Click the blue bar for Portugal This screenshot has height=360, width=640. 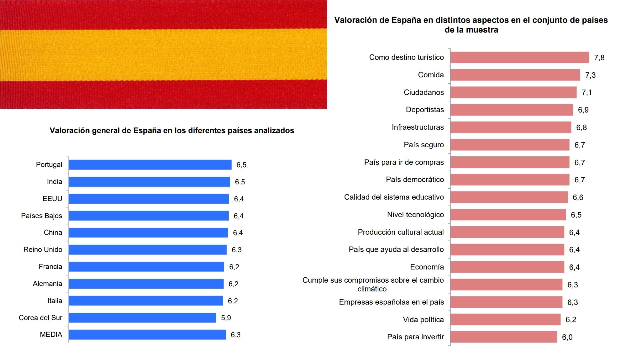click(x=150, y=165)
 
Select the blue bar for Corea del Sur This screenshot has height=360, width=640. click(x=142, y=318)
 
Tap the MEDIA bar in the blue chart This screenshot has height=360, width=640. click(x=147, y=335)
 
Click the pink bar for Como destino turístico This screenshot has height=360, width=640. click(x=520, y=57)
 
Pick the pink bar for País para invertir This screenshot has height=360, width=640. click(x=504, y=337)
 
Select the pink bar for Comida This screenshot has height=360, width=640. click(x=515, y=75)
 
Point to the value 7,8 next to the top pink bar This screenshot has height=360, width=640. click(x=599, y=58)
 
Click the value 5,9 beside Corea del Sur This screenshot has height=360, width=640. click(x=226, y=318)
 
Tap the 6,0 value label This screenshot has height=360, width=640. click(x=567, y=337)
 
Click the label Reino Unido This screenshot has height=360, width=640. click(x=43, y=250)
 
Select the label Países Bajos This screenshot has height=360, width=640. click(x=41, y=216)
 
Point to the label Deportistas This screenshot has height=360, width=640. click(x=425, y=110)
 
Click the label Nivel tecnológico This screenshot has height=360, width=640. click(x=415, y=215)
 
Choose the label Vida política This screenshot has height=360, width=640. click(x=423, y=320)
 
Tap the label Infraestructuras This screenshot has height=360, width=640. click(x=418, y=127)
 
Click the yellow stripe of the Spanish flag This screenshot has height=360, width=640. click(x=163, y=54)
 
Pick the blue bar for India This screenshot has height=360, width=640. click(x=149, y=182)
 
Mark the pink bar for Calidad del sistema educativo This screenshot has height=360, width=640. click(x=509, y=197)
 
